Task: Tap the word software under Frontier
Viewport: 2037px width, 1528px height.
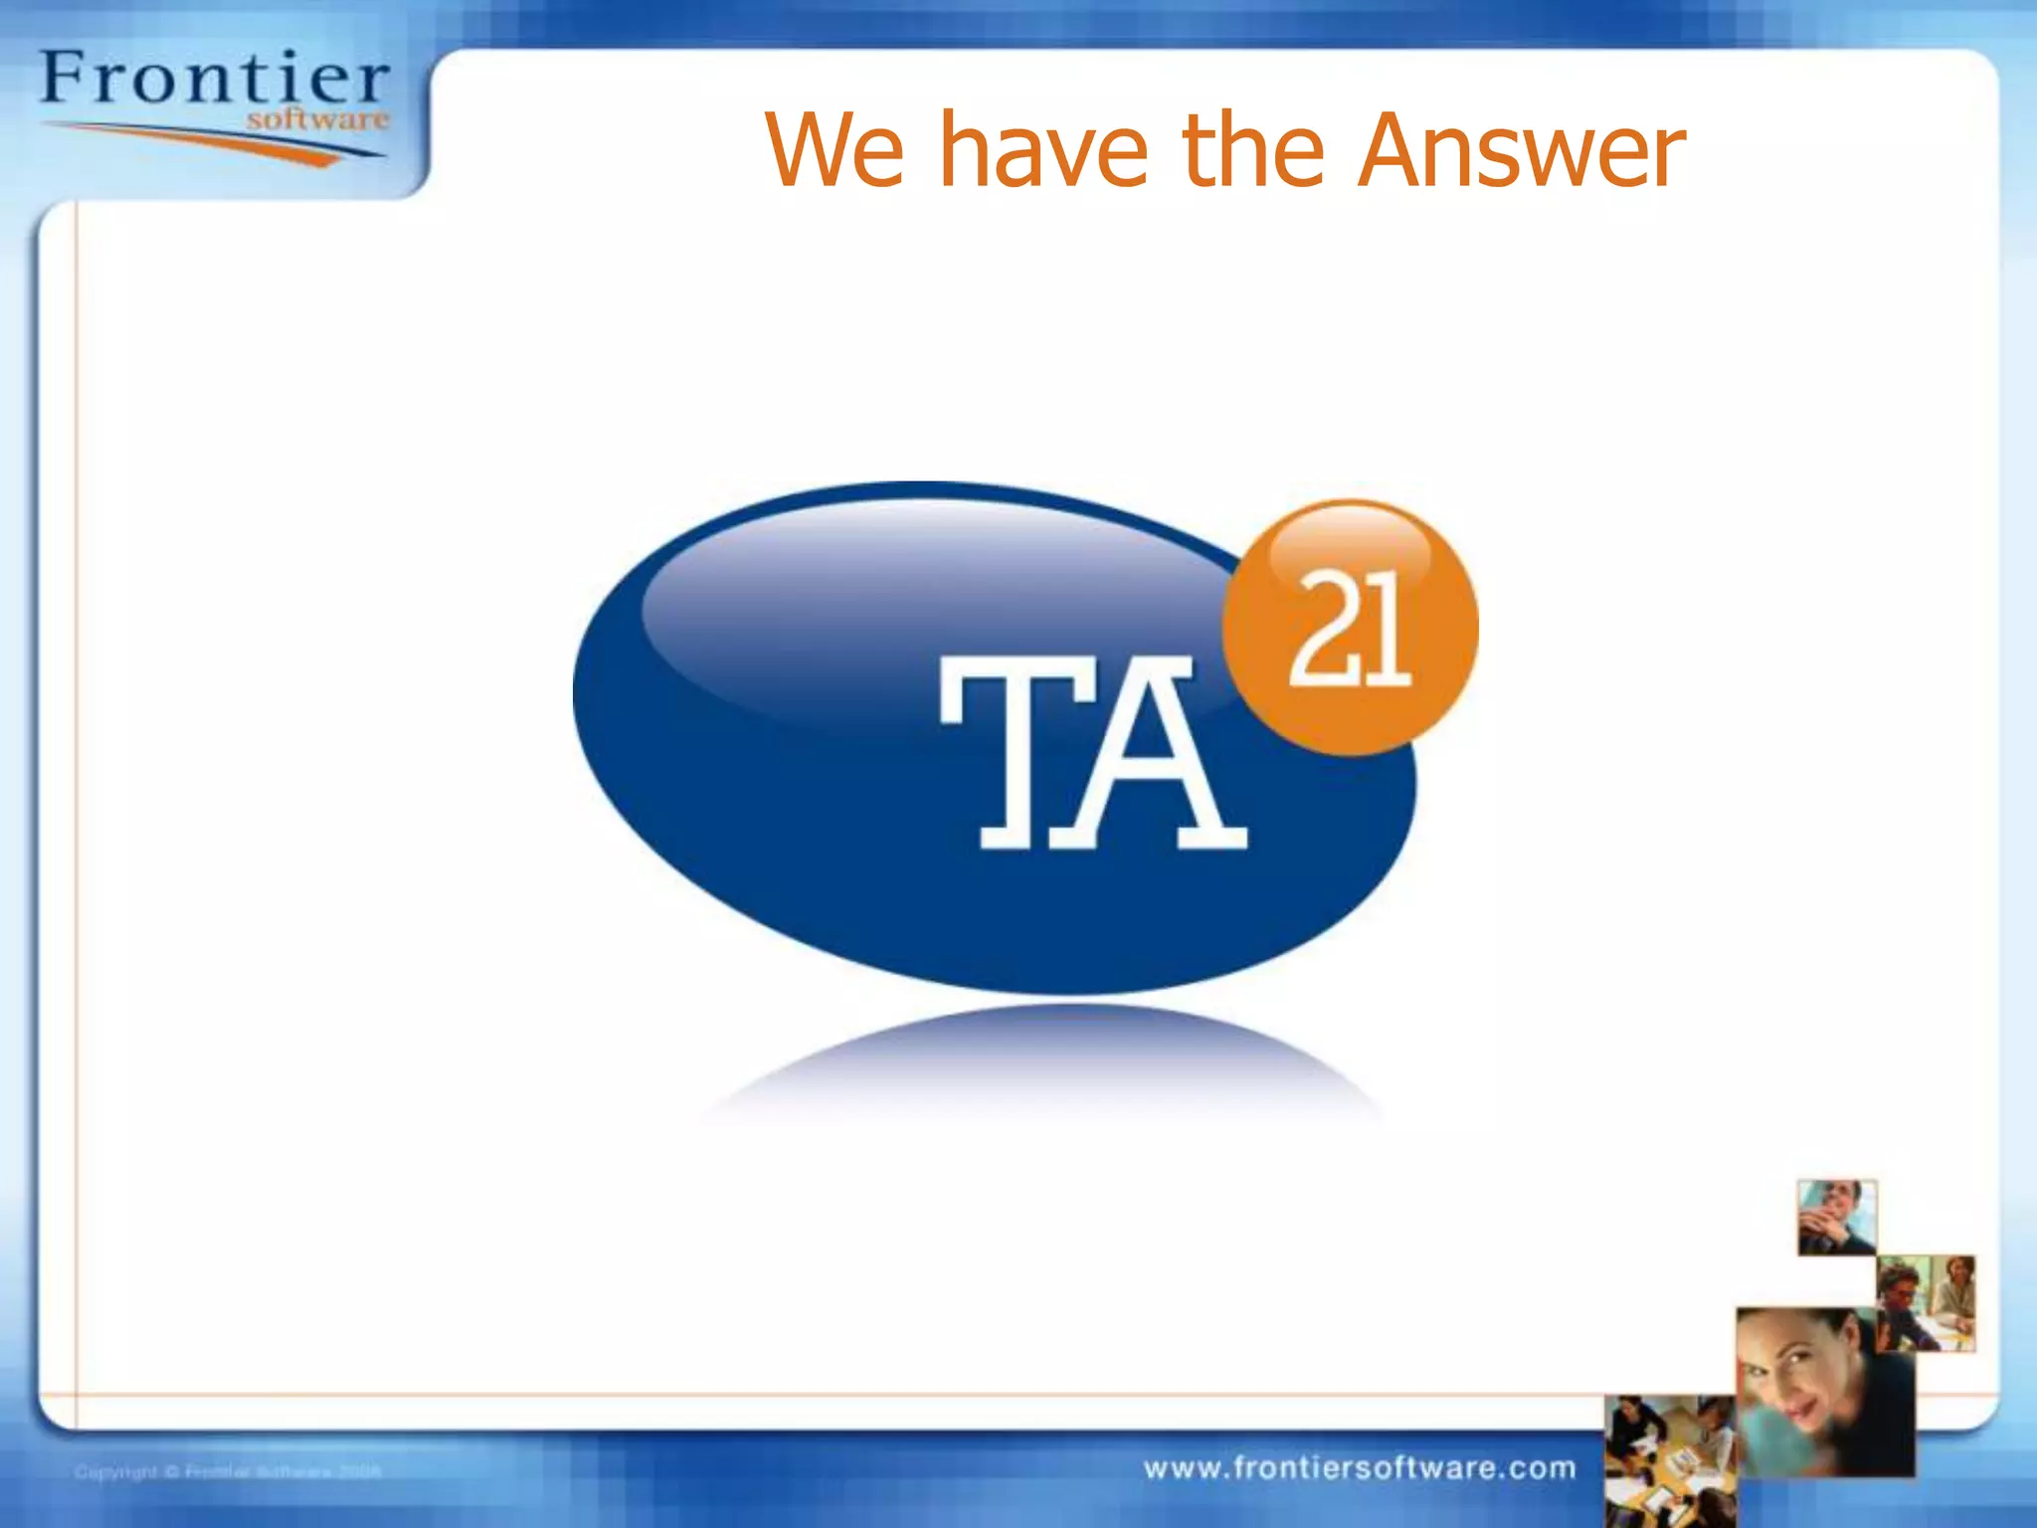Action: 317,120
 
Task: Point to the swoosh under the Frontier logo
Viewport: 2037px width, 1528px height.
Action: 214,140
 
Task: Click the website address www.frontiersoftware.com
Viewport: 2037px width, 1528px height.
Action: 1360,1468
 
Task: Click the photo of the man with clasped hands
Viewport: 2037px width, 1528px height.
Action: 1836,1217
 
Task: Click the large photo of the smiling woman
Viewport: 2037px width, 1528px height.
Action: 1825,1393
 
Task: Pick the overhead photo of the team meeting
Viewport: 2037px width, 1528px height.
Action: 1669,1460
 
